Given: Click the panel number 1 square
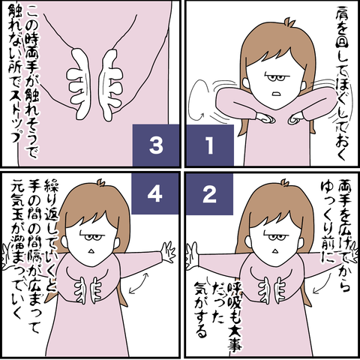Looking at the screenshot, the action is pos(209,145).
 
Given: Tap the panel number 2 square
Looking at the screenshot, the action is pos(209,194).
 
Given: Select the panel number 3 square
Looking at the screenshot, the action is pos(156,145).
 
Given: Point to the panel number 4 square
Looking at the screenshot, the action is pos(155,194).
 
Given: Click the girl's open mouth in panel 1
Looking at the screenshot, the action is pos(276,94).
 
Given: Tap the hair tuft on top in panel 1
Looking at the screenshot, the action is pos(291,22).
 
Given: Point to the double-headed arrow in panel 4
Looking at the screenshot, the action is pos(138,283).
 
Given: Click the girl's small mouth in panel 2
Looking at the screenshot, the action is pos(275,250).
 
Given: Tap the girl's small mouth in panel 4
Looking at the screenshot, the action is pos(91,250).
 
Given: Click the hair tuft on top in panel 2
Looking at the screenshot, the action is pos(285,183).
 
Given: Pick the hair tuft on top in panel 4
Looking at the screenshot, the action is pos(101,183).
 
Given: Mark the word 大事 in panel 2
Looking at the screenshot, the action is pos(235,338).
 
